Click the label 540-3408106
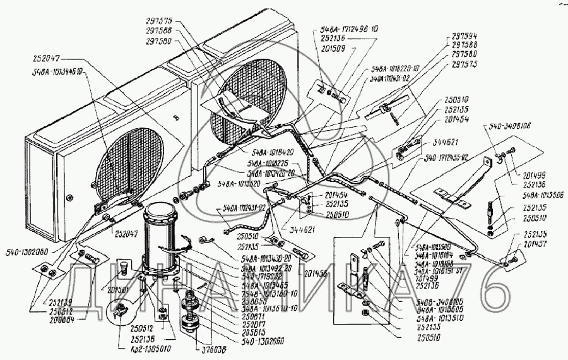[x=508, y=126]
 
